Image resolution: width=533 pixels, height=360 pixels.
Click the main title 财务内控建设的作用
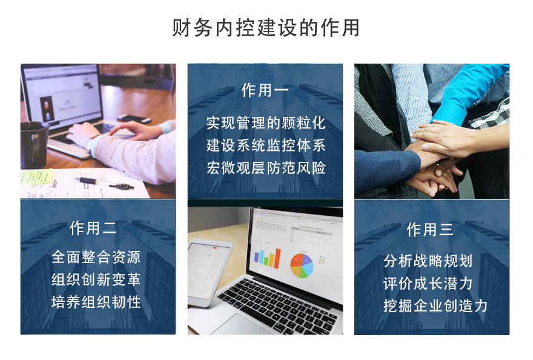click(x=266, y=27)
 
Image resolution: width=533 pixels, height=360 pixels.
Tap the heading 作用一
click(x=265, y=90)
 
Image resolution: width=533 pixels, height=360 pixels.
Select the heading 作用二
click(x=93, y=228)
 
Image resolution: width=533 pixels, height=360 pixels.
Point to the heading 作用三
click(x=431, y=229)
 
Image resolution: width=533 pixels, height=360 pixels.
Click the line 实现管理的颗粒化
click(x=266, y=123)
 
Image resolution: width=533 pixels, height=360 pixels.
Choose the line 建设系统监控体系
click(x=266, y=145)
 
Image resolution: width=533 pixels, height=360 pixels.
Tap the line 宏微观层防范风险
click(x=266, y=168)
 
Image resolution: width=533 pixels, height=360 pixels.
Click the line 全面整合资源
click(x=96, y=257)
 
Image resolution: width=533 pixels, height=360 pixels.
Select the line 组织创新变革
click(x=96, y=279)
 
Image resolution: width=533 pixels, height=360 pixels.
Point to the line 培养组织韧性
click(x=96, y=302)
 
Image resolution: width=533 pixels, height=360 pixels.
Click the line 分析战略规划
click(x=428, y=261)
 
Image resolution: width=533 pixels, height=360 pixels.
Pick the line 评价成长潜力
click(x=428, y=283)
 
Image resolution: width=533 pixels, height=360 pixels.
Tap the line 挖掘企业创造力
click(x=435, y=305)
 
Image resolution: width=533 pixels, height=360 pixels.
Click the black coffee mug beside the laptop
click(x=33, y=145)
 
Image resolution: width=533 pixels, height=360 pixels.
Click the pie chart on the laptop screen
click(x=302, y=265)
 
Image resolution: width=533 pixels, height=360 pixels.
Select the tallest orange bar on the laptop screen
click(x=278, y=259)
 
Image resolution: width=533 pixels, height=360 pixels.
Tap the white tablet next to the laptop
click(x=207, y=272)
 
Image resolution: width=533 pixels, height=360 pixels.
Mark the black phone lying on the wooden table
click(x=134, y=119)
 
